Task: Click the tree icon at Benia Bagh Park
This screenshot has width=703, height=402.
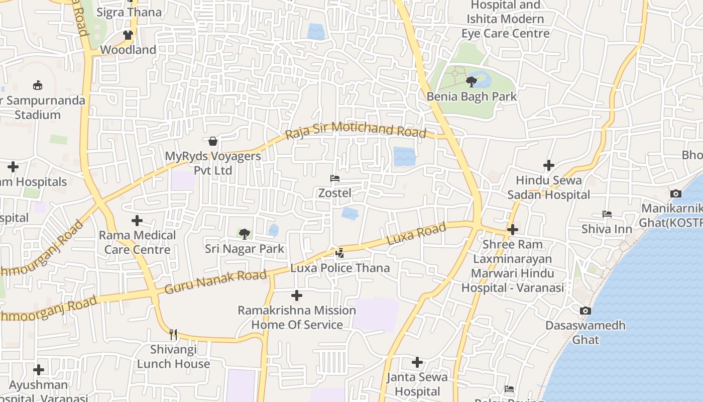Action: pos(471,81)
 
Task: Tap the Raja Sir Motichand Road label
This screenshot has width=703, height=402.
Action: pos(356,130)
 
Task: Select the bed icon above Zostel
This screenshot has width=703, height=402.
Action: pos(335,178)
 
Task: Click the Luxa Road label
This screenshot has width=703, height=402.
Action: pos(416,234)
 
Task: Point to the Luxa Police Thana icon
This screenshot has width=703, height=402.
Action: pos(340,253)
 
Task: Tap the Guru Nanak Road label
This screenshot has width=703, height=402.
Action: pos(215,282)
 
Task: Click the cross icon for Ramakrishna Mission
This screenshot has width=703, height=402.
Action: pos(297,295)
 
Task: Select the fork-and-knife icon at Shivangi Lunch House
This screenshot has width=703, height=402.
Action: pos(173,334)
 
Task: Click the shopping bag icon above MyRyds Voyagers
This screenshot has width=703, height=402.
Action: pos(213,141)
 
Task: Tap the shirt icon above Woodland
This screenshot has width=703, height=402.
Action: pos(128,35)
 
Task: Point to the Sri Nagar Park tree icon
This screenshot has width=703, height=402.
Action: pos(245,234)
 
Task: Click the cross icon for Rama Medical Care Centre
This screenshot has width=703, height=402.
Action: pos(137,221)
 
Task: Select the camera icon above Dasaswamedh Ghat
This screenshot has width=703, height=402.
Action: pos(585,311)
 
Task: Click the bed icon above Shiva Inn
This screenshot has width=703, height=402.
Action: pos(607,214)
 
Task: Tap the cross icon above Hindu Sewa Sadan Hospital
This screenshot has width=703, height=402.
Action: pos(549,165)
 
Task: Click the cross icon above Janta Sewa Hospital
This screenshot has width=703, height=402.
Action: pos(417,362)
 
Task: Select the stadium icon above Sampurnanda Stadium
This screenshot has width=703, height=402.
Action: pos(38,85)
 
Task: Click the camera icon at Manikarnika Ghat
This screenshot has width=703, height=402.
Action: pos(676,193)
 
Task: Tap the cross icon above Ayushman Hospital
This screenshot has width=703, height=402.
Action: pos(39,370)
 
